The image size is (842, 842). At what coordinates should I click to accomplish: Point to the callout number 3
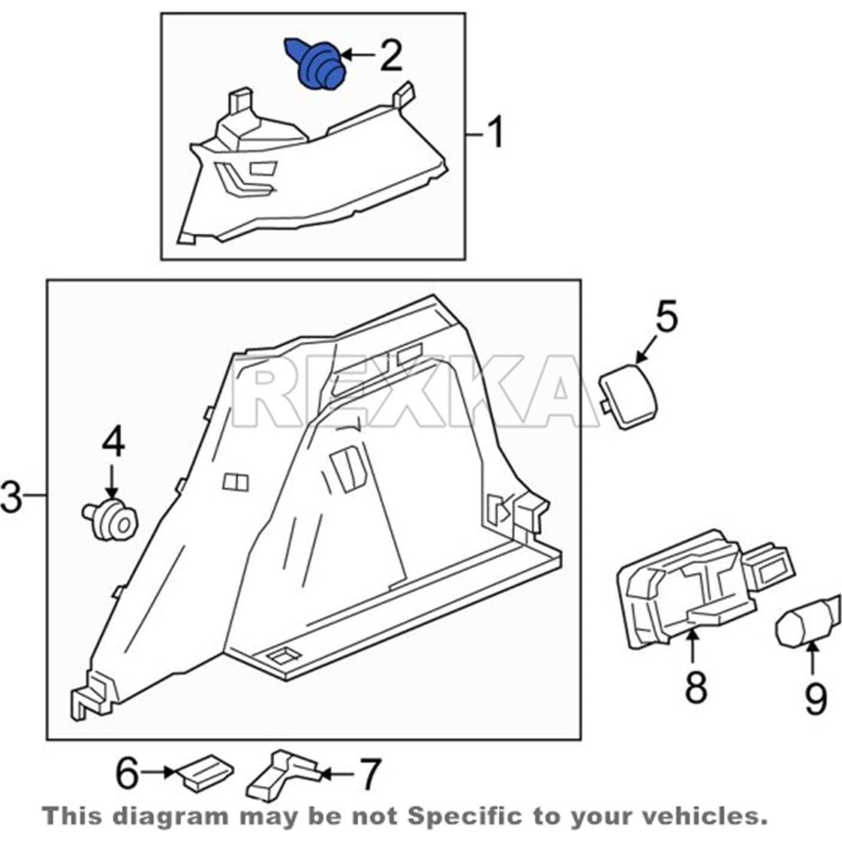coord(12,496)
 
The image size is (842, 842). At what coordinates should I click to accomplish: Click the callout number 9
coord(815,698)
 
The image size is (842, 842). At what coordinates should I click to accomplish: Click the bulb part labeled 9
coord(805,625)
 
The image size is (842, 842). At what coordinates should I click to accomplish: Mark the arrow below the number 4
coord(112,480)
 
